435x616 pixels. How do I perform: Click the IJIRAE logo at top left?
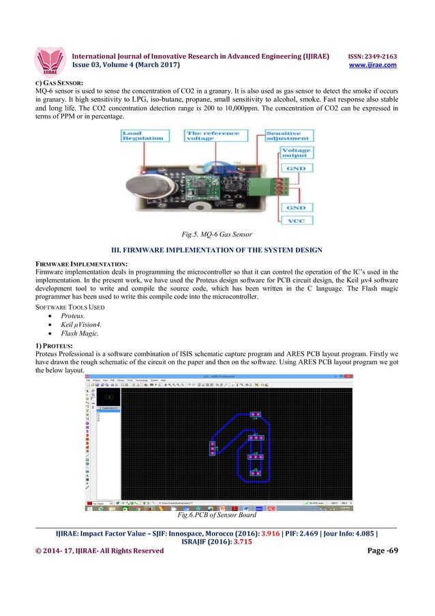coord(52,60)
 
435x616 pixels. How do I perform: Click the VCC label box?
coord(295,221)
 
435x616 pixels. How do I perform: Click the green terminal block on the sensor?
coord(264,183)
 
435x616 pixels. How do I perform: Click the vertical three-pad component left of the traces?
coord(212,448)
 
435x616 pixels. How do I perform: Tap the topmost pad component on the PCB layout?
coord(255,415)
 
